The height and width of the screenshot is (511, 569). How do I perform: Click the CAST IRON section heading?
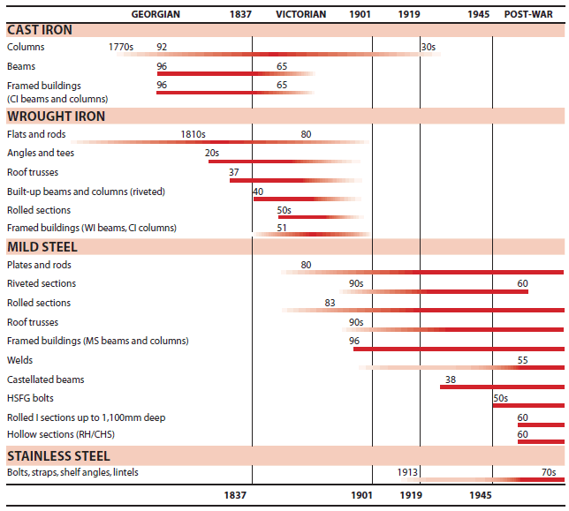(x=40, y=30)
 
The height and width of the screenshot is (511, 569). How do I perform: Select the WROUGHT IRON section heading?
(x=56, y=116)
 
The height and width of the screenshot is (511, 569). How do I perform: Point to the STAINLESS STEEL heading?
(x=58, y=456)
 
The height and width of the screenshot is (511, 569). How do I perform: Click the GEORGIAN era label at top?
(x=156, y=14)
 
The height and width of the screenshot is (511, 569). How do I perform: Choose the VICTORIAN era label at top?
(x=300, y=14)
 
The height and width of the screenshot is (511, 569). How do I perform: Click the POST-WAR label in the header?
(x=529, y=14)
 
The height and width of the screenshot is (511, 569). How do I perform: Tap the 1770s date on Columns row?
(x=122, y=47)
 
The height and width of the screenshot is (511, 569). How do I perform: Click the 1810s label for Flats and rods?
(x=193, y=134)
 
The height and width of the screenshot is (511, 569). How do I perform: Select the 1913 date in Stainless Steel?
(x=384, y=473)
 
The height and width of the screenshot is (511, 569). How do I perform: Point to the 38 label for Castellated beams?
(x=451, y=379)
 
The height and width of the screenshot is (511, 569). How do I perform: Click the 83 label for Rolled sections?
(x=330, y=303)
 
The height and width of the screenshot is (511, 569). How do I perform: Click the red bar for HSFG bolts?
(x=528, y=406)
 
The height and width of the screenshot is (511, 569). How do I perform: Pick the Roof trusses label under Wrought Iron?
(x=33, y=172)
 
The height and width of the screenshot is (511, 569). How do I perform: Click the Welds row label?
(x=19, y=360)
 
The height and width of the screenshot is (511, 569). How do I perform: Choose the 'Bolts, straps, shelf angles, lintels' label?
(x=72, y=473)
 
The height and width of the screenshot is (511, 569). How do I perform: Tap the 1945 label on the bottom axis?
(x=481, y=496)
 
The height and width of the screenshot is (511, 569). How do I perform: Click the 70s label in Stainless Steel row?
(x=548, y=473)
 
